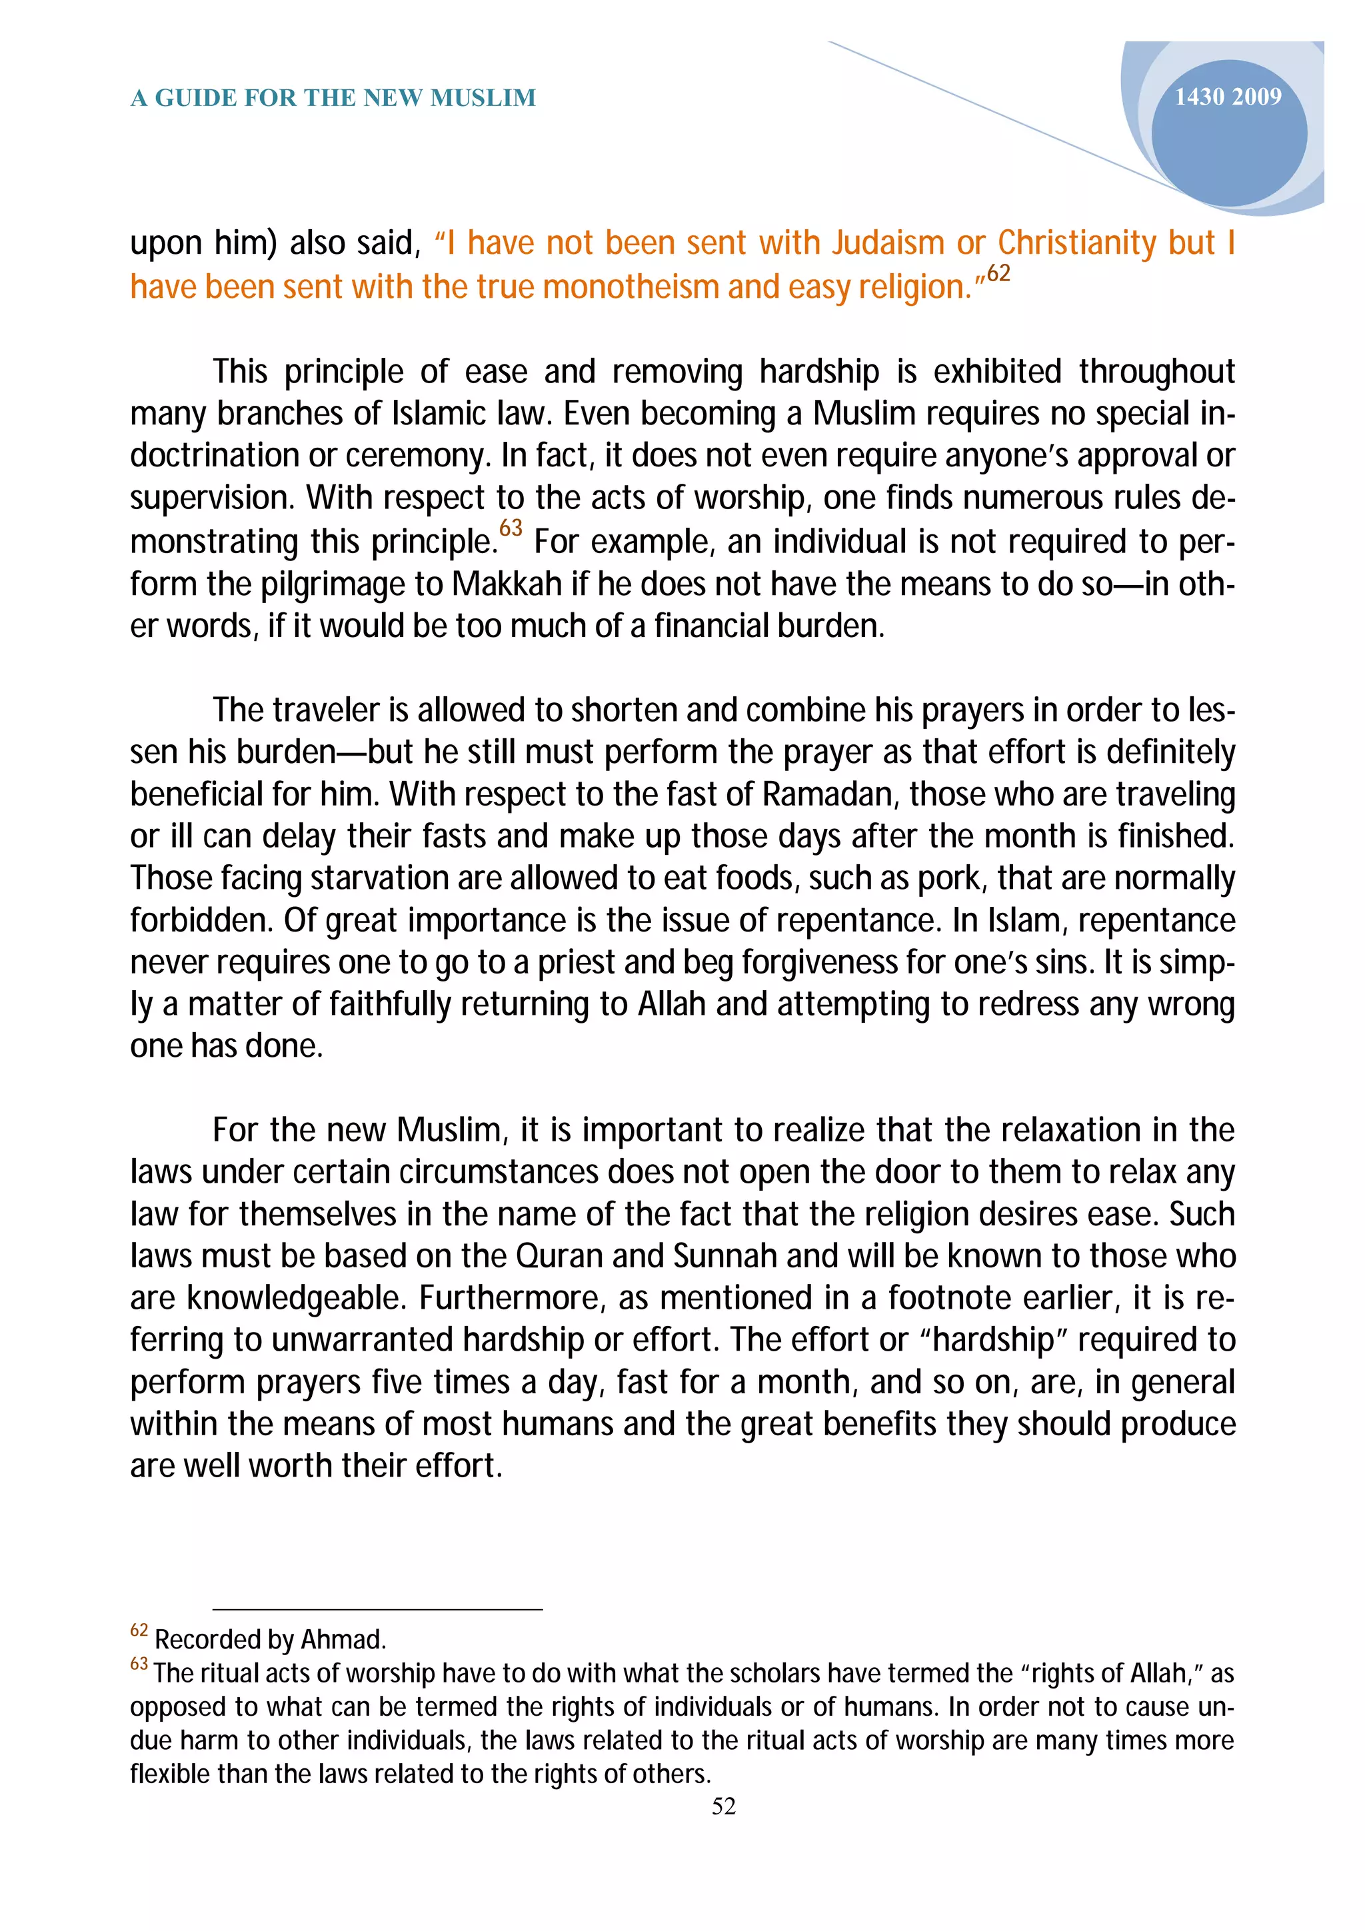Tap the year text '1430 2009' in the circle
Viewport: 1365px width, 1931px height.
(x=1227, y=97)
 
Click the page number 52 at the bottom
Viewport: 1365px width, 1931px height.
(x=723, y=1806)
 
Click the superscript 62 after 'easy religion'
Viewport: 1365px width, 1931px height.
(x=998, y=273)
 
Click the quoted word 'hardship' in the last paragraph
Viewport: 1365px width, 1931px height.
(x=993, y=1340)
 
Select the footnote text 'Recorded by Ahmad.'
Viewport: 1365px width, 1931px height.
(x=270, y=1640)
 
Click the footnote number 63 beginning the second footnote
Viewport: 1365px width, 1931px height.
(x=139, y=1664)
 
